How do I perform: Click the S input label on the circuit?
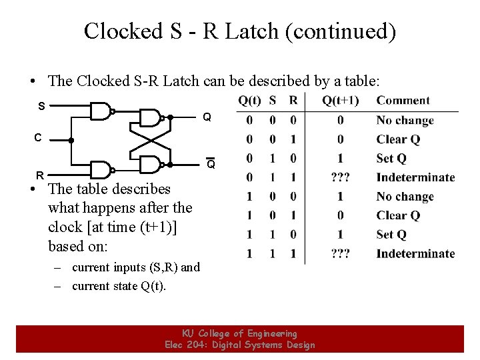[x=41, y=106]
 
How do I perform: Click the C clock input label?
[x=39, y=138]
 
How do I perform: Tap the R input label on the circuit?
[x=40, y=175]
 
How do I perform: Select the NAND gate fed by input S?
[x=101, y=111]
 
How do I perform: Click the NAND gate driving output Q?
[x=151, y=118]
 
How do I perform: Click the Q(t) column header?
[x=249, y=101]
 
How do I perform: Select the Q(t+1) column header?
[x=340, y=101]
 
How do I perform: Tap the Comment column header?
[x=403, y=101]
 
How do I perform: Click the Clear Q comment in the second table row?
[x=398, y=139]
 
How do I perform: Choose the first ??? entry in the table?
[x=340, y=177]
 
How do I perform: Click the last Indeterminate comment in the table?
[x=415, y=253]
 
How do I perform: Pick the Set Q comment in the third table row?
[x=391, y=159]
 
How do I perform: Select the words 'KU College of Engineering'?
[x=240, y=333]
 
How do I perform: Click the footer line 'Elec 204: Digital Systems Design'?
[x=240, y=345]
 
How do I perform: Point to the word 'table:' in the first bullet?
[x=360, y=81]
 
